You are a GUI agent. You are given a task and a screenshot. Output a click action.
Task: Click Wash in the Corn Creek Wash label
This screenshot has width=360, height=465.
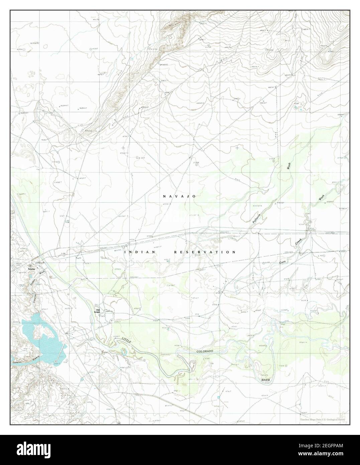pos(321,198)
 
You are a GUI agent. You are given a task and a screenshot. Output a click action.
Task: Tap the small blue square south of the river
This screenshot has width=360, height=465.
pos(218,397)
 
